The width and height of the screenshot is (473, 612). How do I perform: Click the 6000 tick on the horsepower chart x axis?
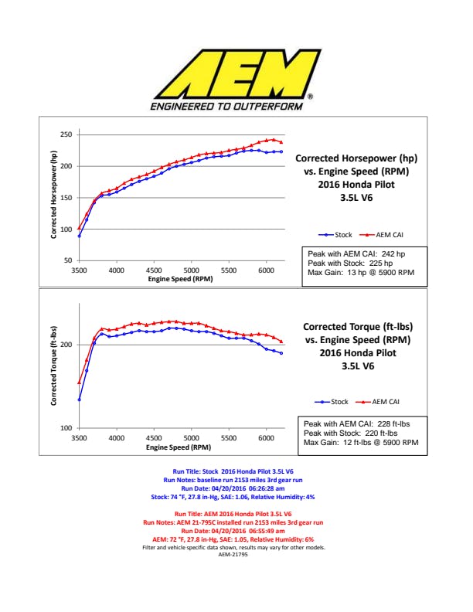tap(266, 271)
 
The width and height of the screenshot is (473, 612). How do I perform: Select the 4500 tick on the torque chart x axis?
tap(154, 438)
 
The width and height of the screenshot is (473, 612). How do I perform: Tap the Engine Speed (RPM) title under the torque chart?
tap(179, 447)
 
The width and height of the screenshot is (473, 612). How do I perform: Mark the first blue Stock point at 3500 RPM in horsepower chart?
tap(79, 236)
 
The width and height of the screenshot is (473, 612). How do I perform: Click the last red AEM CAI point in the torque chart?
tap(281, 342)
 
